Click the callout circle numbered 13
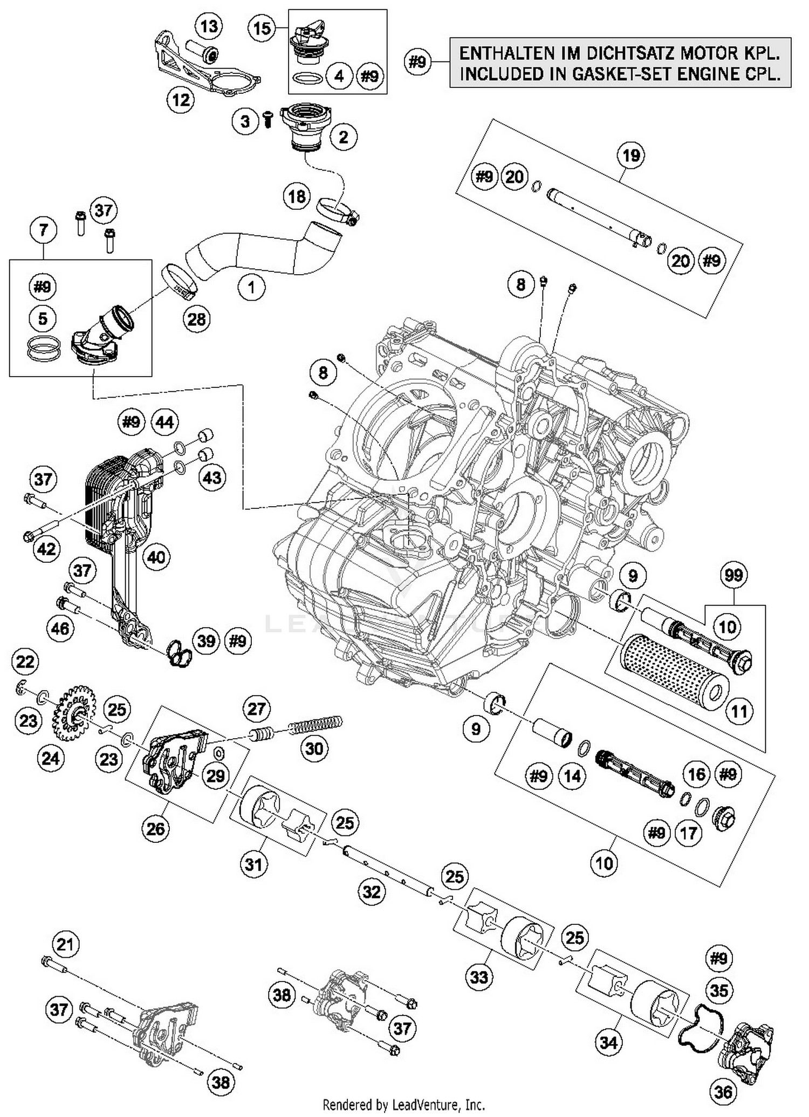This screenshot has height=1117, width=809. point(209,26)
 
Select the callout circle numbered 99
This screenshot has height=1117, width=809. point(733,575)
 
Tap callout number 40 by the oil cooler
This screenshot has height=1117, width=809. point(156,556)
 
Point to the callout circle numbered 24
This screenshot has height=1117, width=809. point(51,758)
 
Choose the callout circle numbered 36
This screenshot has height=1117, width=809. point(723,1092)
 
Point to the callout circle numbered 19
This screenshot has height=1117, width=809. point(631,155)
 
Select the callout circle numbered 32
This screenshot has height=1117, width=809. point(372,891)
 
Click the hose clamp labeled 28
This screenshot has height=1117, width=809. point(180,282)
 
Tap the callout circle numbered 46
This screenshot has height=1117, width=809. point(60,628)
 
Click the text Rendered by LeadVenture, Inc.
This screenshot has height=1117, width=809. point(403,1104)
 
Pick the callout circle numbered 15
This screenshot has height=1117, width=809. point(262,28)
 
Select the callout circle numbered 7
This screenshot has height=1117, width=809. point(43,230)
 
